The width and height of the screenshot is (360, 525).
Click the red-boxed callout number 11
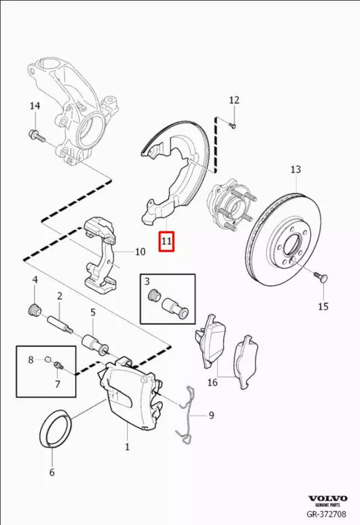[x=166, y=241]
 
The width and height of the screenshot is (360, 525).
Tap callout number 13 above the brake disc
[x=295, y=169]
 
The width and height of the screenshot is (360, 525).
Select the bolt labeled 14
[x=35, y=134]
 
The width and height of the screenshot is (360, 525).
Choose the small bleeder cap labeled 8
[x=49, y=360]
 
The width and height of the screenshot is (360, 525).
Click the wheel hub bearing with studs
[x=230, y=207]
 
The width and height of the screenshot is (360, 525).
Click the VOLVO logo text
[x=327, y=498]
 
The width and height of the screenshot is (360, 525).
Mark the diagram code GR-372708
[x=327, y=515]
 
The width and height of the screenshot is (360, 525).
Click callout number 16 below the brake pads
[x=212, y=381]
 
